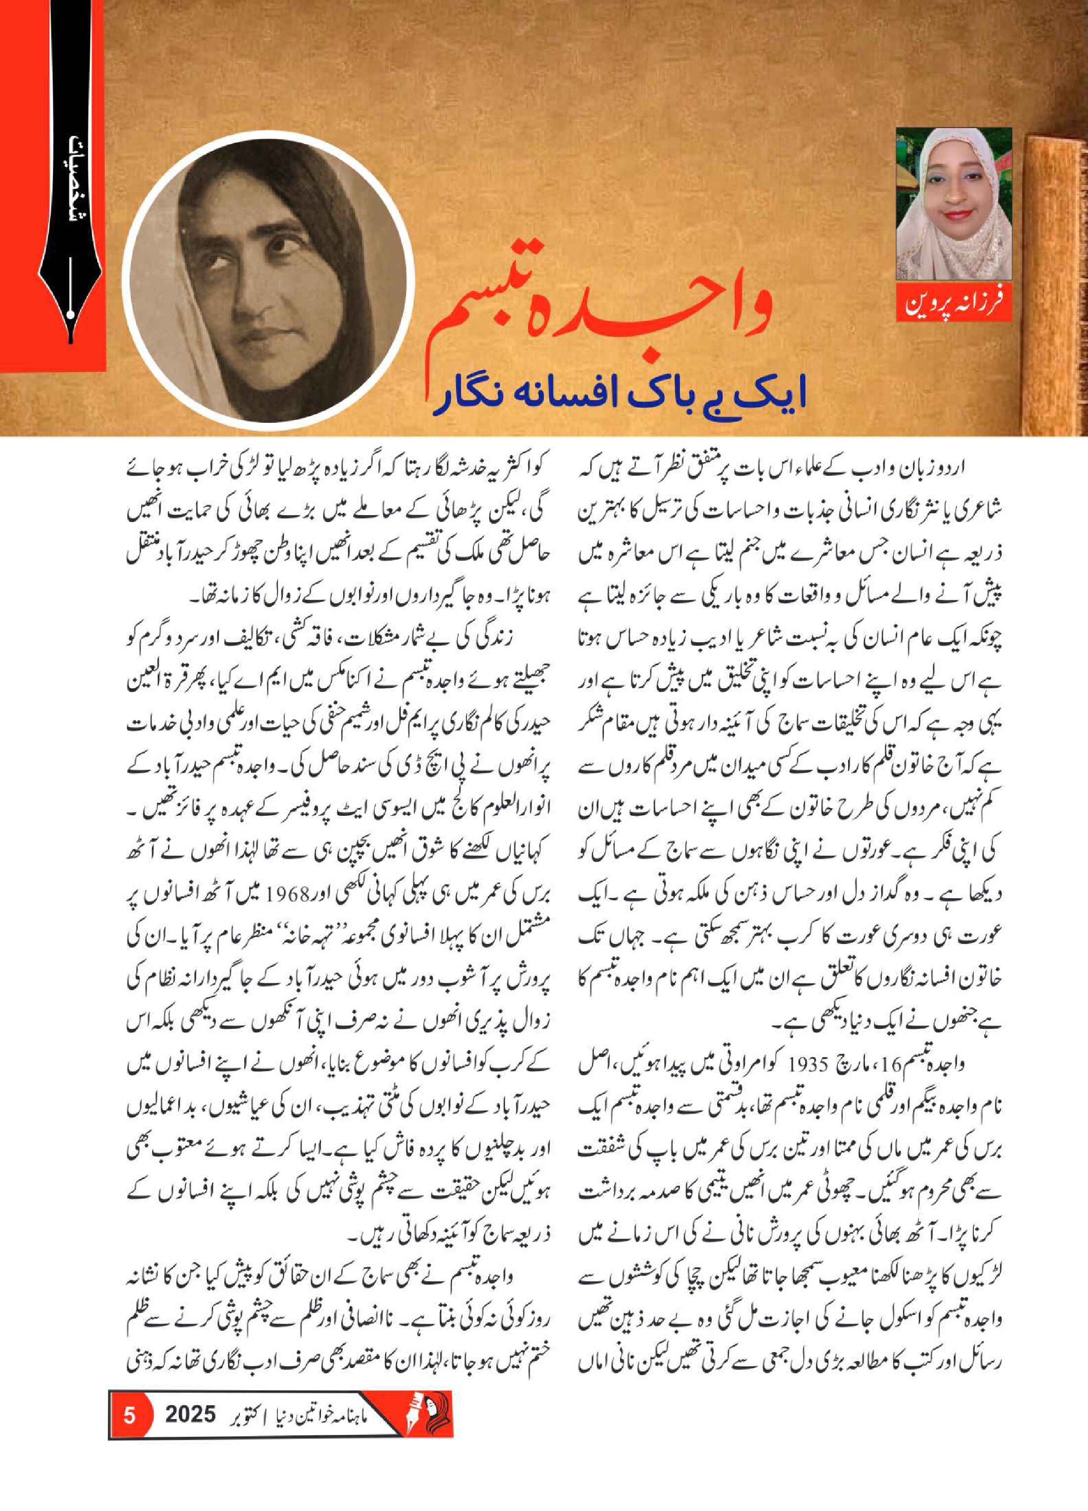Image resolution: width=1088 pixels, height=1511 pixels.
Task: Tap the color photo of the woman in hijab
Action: coord(953,203)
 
